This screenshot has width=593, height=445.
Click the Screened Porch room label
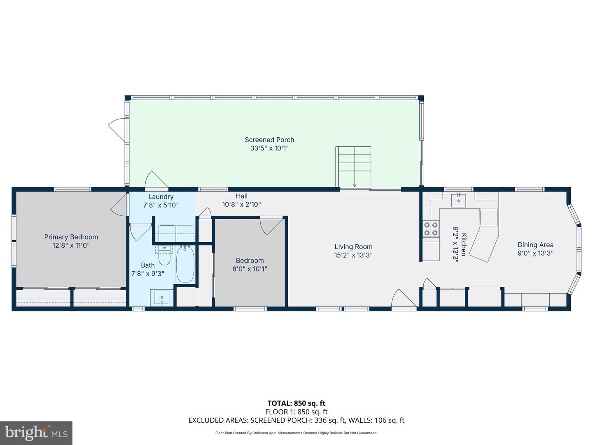point(269,140)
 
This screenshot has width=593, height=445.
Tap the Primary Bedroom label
point(71,237)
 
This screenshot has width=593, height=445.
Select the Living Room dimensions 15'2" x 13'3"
point(353,255)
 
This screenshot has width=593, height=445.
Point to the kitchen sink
point(458,200)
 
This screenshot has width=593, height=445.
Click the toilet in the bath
point(164,256)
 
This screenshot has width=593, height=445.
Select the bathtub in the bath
point(185,264)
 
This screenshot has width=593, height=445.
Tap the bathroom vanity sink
point(162,297)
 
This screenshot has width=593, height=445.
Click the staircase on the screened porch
point(353,167)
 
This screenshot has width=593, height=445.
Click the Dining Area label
point(535,245)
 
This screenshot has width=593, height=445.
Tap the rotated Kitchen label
point(464,245)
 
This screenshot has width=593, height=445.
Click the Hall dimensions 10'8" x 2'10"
point(242,204)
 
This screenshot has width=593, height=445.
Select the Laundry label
point(161,197)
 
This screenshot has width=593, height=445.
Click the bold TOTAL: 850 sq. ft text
point(296,403)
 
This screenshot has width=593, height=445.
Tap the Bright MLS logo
point(36,433)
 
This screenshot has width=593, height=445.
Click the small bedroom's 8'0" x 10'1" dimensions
point(250,269)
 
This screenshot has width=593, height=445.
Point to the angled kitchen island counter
point(484,243)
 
